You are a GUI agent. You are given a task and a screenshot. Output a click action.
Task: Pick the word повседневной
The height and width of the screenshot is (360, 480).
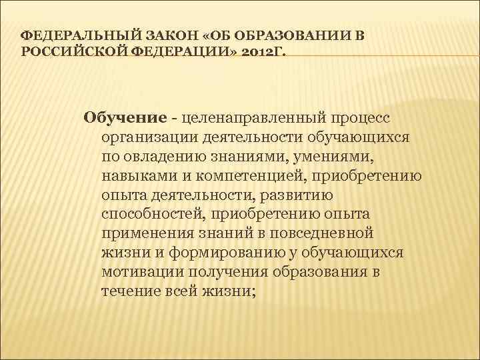(323, 234)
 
